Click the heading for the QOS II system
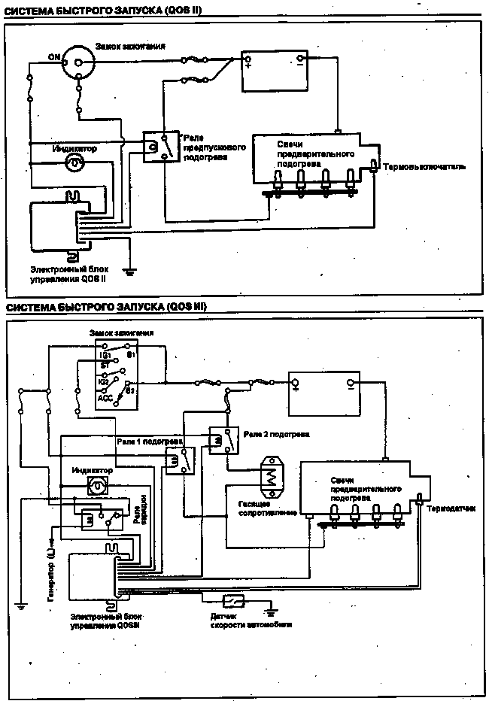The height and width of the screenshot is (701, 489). (x=105, y=8)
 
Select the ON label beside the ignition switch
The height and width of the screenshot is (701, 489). (x=53, y=57)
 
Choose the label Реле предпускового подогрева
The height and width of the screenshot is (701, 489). (x=204, y=147)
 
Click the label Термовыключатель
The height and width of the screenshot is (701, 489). (x=424, y=166)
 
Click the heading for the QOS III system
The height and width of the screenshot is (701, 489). (x=106, y=308)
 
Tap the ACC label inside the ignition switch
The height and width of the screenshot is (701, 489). (x=105, y=398)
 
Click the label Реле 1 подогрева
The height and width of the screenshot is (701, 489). (x=150, y=440)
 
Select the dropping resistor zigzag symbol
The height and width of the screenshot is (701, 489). (x=269, y=475)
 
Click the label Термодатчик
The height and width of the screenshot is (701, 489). (x=451, y=508)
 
